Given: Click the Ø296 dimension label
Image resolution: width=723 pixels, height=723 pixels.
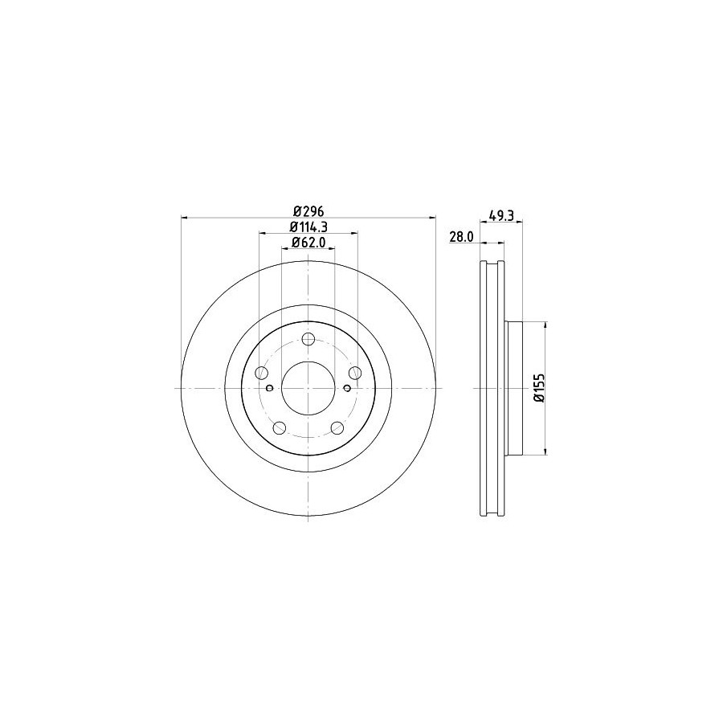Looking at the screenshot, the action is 309,211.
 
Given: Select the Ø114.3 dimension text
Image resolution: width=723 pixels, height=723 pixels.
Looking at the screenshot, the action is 308,227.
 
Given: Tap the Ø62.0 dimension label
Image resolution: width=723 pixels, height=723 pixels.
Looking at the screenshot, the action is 308,242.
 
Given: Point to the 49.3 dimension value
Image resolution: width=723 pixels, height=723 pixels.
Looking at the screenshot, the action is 500,214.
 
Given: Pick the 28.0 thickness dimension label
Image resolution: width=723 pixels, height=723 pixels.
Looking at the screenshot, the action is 462,236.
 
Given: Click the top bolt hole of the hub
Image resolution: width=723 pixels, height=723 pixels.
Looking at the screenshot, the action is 308,340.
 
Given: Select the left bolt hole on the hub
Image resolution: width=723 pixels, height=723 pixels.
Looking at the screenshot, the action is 261,373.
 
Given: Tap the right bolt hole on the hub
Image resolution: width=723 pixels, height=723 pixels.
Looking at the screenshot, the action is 355,373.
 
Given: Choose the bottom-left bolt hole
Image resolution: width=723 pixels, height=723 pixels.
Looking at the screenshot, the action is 280,428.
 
